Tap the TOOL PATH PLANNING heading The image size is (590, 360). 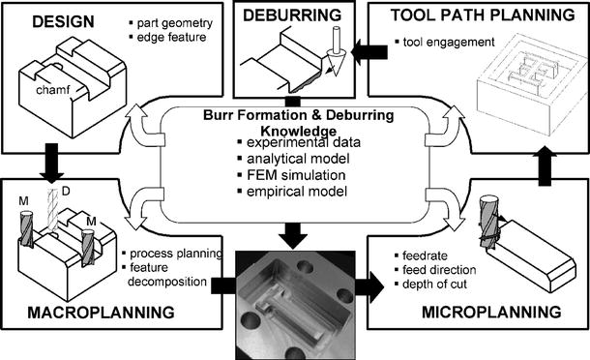[x=483, y=15]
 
